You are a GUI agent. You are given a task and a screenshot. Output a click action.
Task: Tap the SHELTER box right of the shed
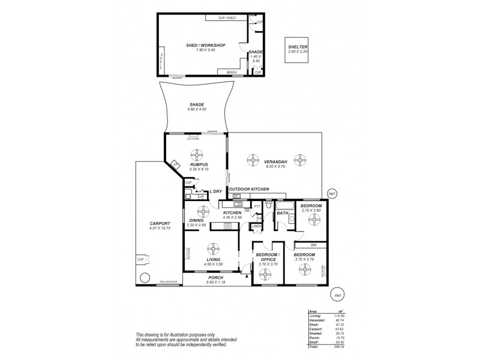297,49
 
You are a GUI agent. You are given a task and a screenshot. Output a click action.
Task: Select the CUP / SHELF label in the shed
227,18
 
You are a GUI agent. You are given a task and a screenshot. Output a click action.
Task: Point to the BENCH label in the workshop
231,73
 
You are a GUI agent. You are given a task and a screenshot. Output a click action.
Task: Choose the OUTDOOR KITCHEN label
248,189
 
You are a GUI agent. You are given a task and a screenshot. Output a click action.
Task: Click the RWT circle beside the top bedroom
331,194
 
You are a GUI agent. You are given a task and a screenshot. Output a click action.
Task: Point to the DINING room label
196,220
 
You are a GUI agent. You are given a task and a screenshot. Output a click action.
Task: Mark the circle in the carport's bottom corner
144,278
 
